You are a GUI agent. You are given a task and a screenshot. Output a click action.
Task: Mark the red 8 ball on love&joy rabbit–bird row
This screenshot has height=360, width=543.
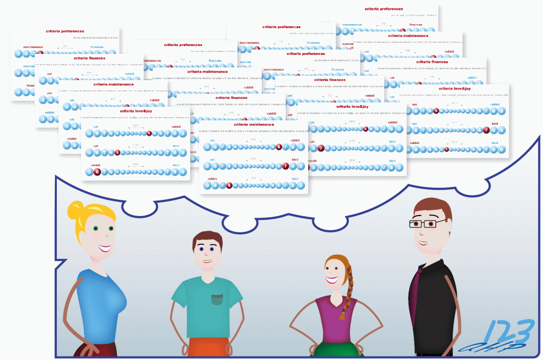pos(97,172)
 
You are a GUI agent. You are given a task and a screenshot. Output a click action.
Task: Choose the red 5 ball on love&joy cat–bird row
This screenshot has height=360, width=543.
pos(117,152)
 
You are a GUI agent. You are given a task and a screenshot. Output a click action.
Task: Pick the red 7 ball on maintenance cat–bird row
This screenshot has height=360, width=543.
pos(285,166)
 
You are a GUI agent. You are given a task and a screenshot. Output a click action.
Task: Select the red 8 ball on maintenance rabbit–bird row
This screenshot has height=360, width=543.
pos(229,185)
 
